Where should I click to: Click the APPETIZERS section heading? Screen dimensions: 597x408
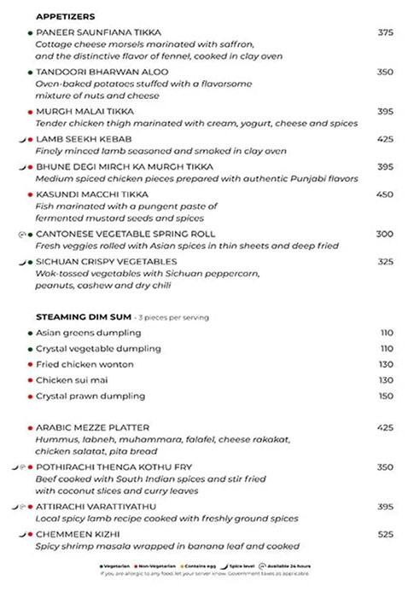(x=66, y=16)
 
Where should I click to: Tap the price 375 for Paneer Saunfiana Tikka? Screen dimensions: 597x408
(x=385, y=32)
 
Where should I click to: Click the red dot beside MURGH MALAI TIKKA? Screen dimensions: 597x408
(x=30, y=112)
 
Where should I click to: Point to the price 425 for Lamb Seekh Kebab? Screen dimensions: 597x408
(x=385, y=139)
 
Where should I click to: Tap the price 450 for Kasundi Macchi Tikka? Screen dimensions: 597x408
(x=385, y=194)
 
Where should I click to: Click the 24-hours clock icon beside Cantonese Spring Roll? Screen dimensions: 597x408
(x=21, y=234)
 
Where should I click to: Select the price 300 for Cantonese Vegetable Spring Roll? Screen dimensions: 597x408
(x=385, y=234)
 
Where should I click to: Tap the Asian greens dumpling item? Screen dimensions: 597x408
(x=89, y=333)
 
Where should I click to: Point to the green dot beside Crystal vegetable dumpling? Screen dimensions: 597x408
(x=30, y=349)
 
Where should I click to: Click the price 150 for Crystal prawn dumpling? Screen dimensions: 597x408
(x=387, y=397)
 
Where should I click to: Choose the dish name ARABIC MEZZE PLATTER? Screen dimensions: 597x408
(x=92, y=427)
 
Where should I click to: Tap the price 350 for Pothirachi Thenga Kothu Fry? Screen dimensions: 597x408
(x=385, y=467)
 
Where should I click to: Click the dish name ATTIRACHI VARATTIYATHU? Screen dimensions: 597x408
(x=96, y=507)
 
